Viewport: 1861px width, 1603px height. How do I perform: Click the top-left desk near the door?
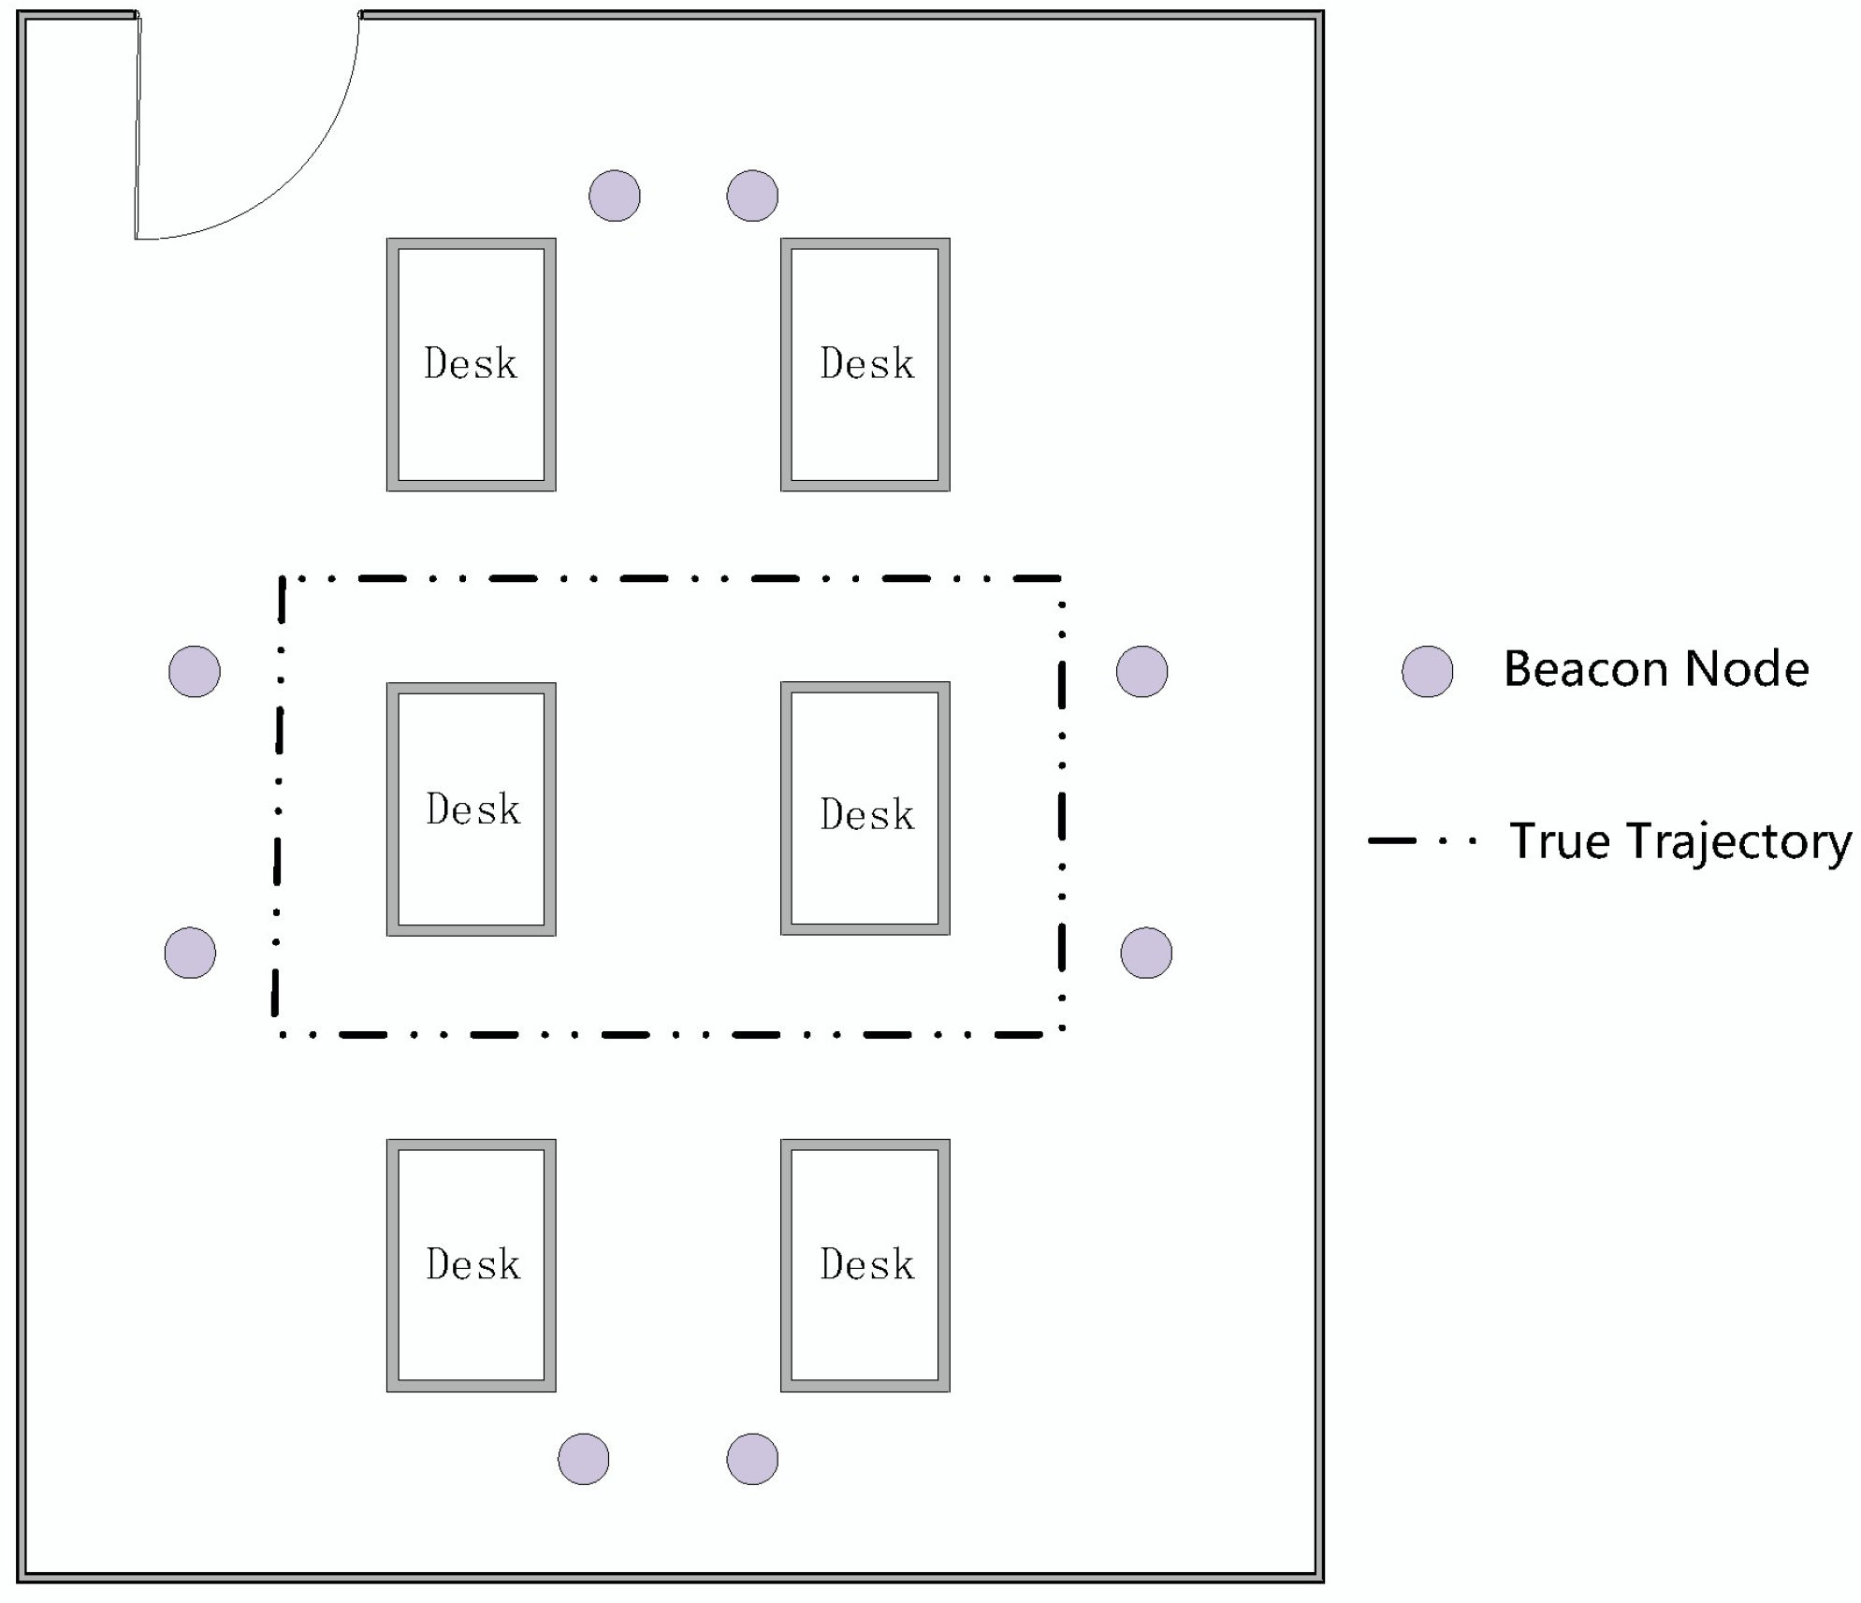coord(471,364)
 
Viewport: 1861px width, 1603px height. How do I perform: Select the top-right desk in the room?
coord(865,364)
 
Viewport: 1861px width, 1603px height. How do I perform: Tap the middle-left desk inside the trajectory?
coord(471,809)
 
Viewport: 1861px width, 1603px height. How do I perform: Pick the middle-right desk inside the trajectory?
coord(865,809)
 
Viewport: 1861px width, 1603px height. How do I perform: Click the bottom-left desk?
coord(471,1264)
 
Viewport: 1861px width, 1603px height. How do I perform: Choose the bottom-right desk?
coord(865,1264)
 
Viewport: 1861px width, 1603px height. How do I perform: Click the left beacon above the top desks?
coord(614,196)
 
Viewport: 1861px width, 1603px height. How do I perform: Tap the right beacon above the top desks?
coord(752,196)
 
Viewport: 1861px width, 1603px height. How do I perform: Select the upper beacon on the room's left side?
coord(194,671)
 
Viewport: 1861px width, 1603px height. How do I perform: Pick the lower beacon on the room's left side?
coord(190,953)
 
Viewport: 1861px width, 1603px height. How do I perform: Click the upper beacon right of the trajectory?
coord(1141,671)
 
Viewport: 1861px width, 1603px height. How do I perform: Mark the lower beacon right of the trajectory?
coord(1145,953)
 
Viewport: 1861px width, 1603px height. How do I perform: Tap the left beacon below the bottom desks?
coord(583,1458)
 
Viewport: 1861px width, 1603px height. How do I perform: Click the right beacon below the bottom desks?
coord(752,1458)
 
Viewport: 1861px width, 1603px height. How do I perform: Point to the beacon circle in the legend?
coord(1427,671)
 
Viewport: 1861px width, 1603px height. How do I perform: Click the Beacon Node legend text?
coord(1655,669)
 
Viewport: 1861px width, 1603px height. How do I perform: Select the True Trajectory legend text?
coord(1679,840)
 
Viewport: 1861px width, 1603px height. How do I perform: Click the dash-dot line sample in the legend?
coord(1421,840)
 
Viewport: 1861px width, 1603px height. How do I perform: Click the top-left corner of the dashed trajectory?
coord(283,579)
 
